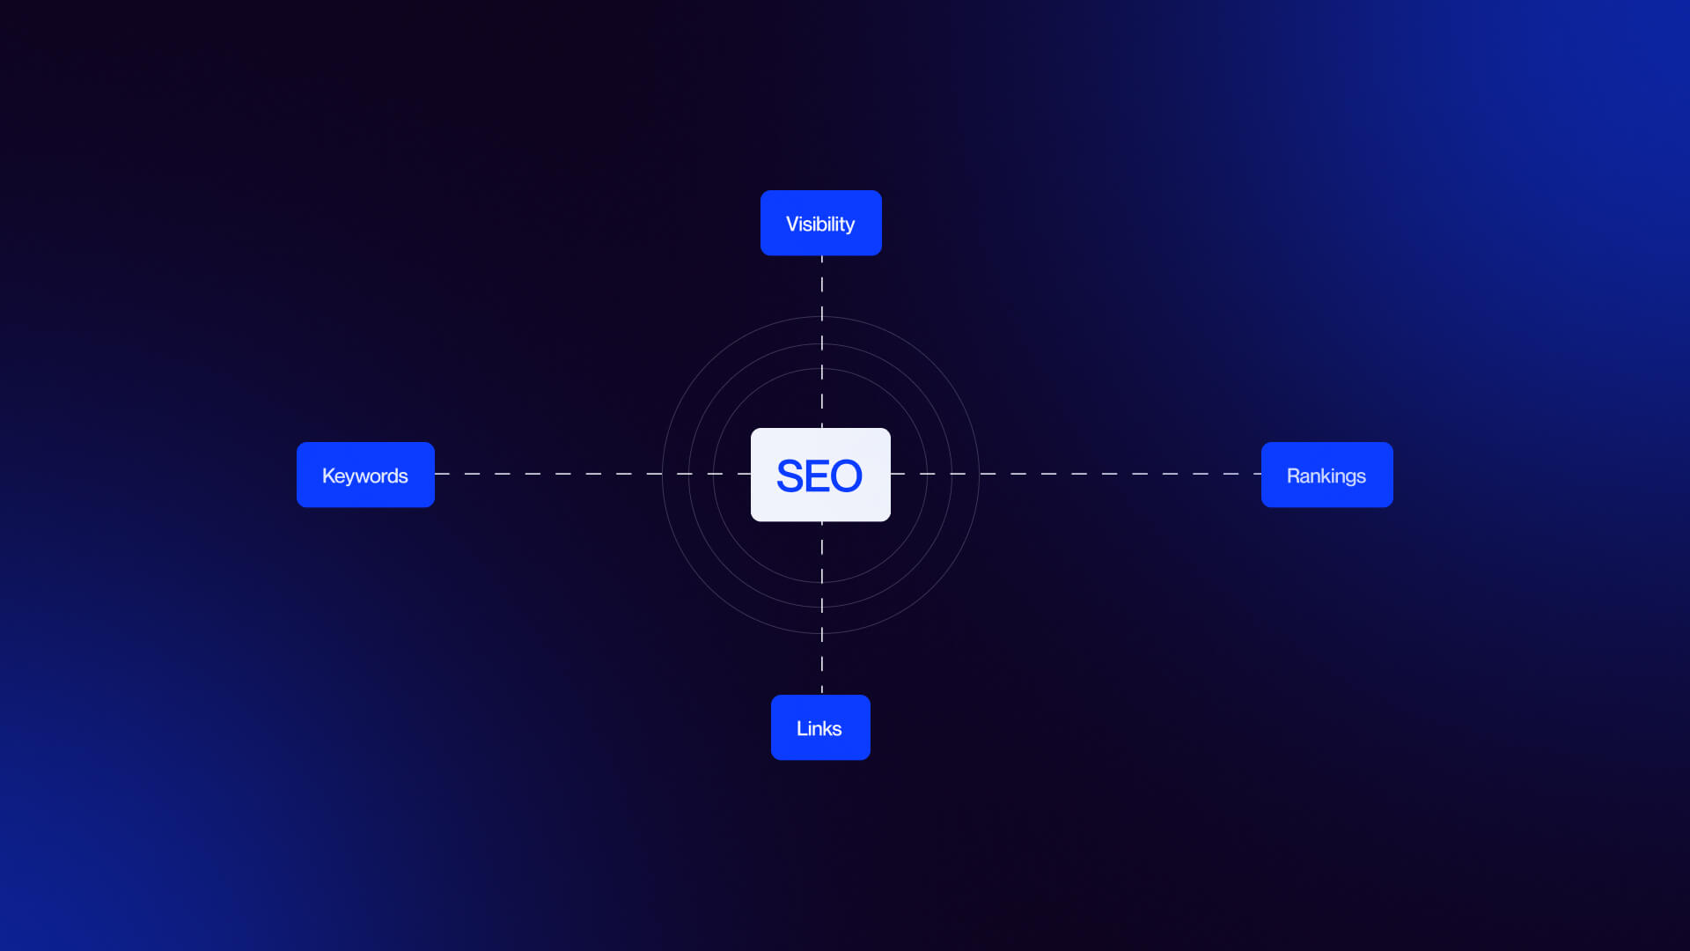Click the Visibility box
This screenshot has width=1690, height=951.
coord(820,223)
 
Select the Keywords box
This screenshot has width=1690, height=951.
coord(365,475)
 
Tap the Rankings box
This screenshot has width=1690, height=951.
coord(1326,475)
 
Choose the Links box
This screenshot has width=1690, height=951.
coord(820,727)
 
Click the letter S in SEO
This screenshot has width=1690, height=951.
coord(790,476)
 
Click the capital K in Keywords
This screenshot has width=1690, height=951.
coord(327,476)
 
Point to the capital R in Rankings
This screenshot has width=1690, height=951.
coord(1293,476)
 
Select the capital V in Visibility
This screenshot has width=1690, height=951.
coord(792,225)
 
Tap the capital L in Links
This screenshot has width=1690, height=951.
coord(801,729)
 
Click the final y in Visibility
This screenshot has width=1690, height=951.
coord(849,227)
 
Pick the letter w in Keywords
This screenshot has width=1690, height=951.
coord(364,477)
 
